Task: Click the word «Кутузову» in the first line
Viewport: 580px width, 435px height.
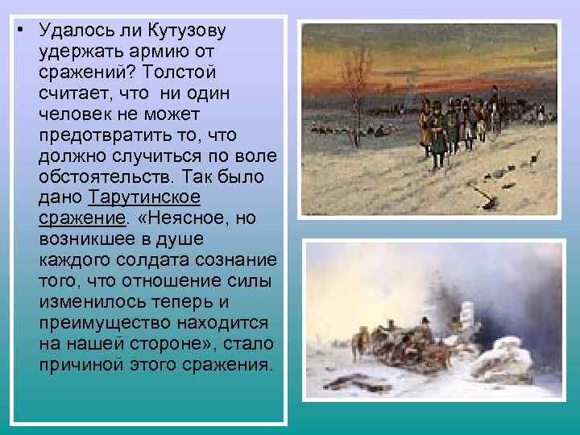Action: (186, 31)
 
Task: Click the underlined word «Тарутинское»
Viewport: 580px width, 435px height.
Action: (144, 198)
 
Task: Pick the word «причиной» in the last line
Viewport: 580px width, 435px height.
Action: (80, 366)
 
